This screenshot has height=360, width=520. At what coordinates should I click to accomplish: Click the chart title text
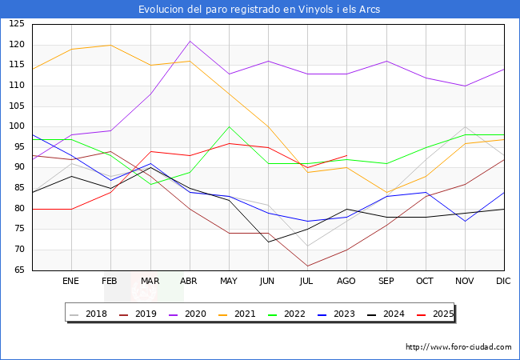click(259, 10)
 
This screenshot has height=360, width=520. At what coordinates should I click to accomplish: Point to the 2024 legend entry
click(390, 314)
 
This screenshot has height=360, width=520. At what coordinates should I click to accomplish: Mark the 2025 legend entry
click(438, 314)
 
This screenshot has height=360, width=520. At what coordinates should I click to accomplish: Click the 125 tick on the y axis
click(17, 24)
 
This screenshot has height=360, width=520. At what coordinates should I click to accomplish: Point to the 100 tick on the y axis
click(17, 126)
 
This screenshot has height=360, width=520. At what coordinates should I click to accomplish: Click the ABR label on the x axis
click(189, 281)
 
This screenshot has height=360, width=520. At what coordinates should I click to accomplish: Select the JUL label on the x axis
click(307, 281)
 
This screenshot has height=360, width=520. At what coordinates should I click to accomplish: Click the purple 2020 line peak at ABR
click(190, 41)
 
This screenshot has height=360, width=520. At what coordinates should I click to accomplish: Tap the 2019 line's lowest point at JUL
click(307, 266)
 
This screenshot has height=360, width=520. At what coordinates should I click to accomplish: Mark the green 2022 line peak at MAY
click(229, 126)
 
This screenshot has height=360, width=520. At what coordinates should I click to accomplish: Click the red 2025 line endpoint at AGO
click(346, 155)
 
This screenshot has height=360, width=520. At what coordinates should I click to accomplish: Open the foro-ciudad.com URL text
click(458, 347)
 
